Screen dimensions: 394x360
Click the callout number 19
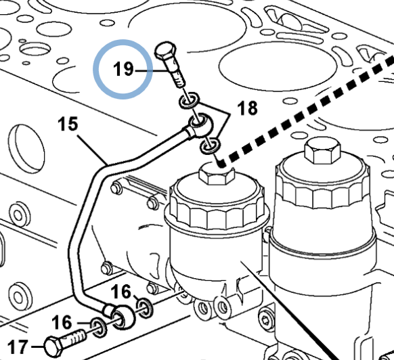pyautogui.click(x=123, y=69)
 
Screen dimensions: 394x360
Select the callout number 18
pyautogui.click(x=247, y=108)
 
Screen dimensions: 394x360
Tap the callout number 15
pyautogui.click(x=68, y=124)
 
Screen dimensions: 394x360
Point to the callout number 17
pyautogui.click(x=18, y=346)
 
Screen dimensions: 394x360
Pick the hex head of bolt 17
pyautogui.click(x=54, y=347)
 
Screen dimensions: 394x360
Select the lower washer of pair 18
pyautogui.click(x=210, y=146)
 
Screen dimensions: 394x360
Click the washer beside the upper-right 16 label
pyautogui.click(x=145, y=308)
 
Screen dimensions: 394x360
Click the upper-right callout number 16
pyautogui.click(x=121, y=292)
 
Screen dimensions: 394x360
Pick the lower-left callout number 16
pyautogui.click(x=62, y=322)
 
